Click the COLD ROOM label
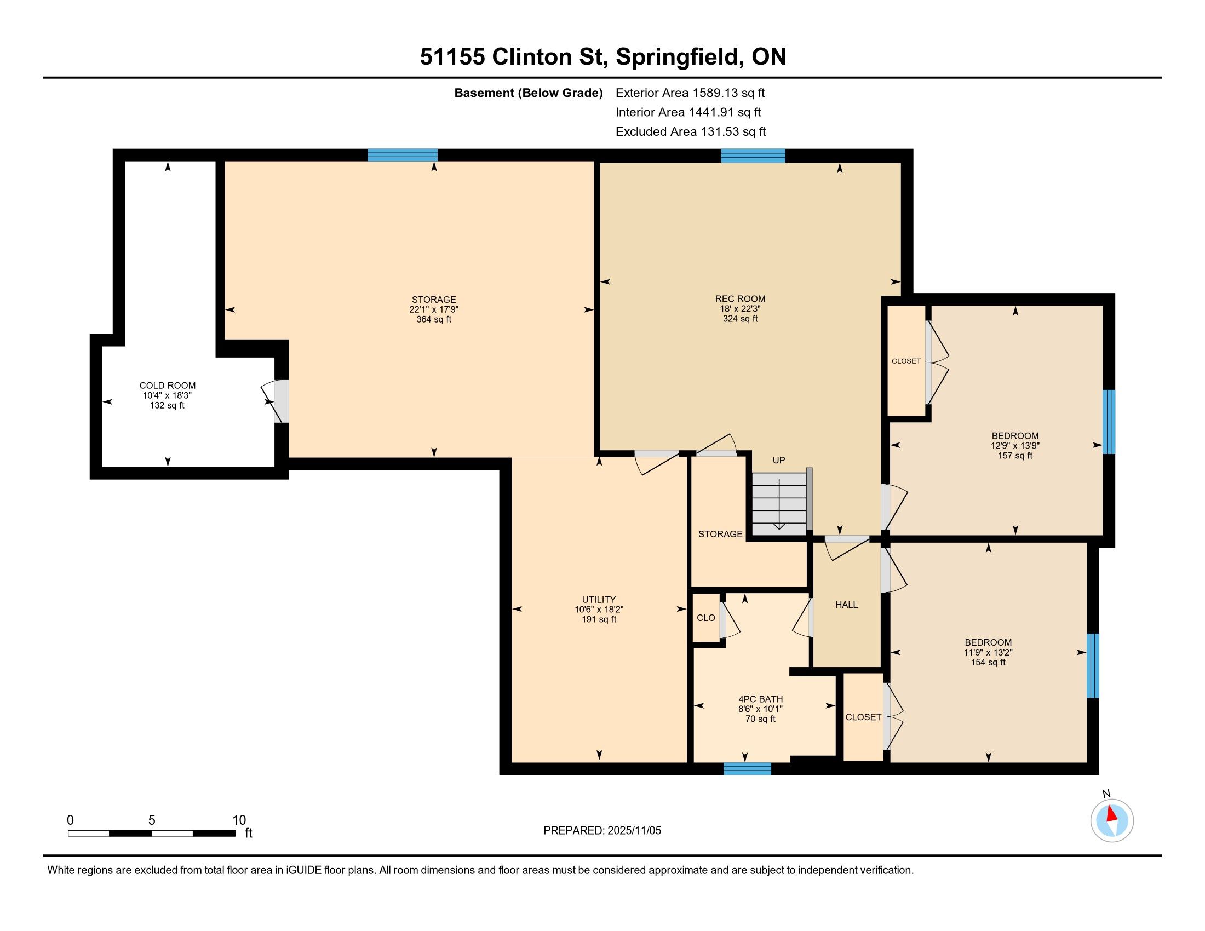pos(167,386)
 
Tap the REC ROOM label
pos(740,299)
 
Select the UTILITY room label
pos(599,600)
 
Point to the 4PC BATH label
pos(760,699)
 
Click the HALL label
pos(846,605)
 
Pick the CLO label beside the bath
pos(705,618)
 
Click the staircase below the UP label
pos(779,503)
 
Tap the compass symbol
pos(1112,820)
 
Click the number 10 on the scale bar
pos(239,820)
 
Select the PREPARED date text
pos(602,830)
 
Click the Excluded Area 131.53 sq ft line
pos(691,131)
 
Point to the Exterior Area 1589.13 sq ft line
pos(690,93)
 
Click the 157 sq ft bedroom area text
pos(1014,456)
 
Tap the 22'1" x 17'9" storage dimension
pos(434,309)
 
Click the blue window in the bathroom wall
pos(747,768)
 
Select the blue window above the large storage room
pos(403,155)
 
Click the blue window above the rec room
pos(753,156)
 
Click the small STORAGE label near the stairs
pos(720,534)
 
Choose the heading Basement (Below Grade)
pos(528,93)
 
